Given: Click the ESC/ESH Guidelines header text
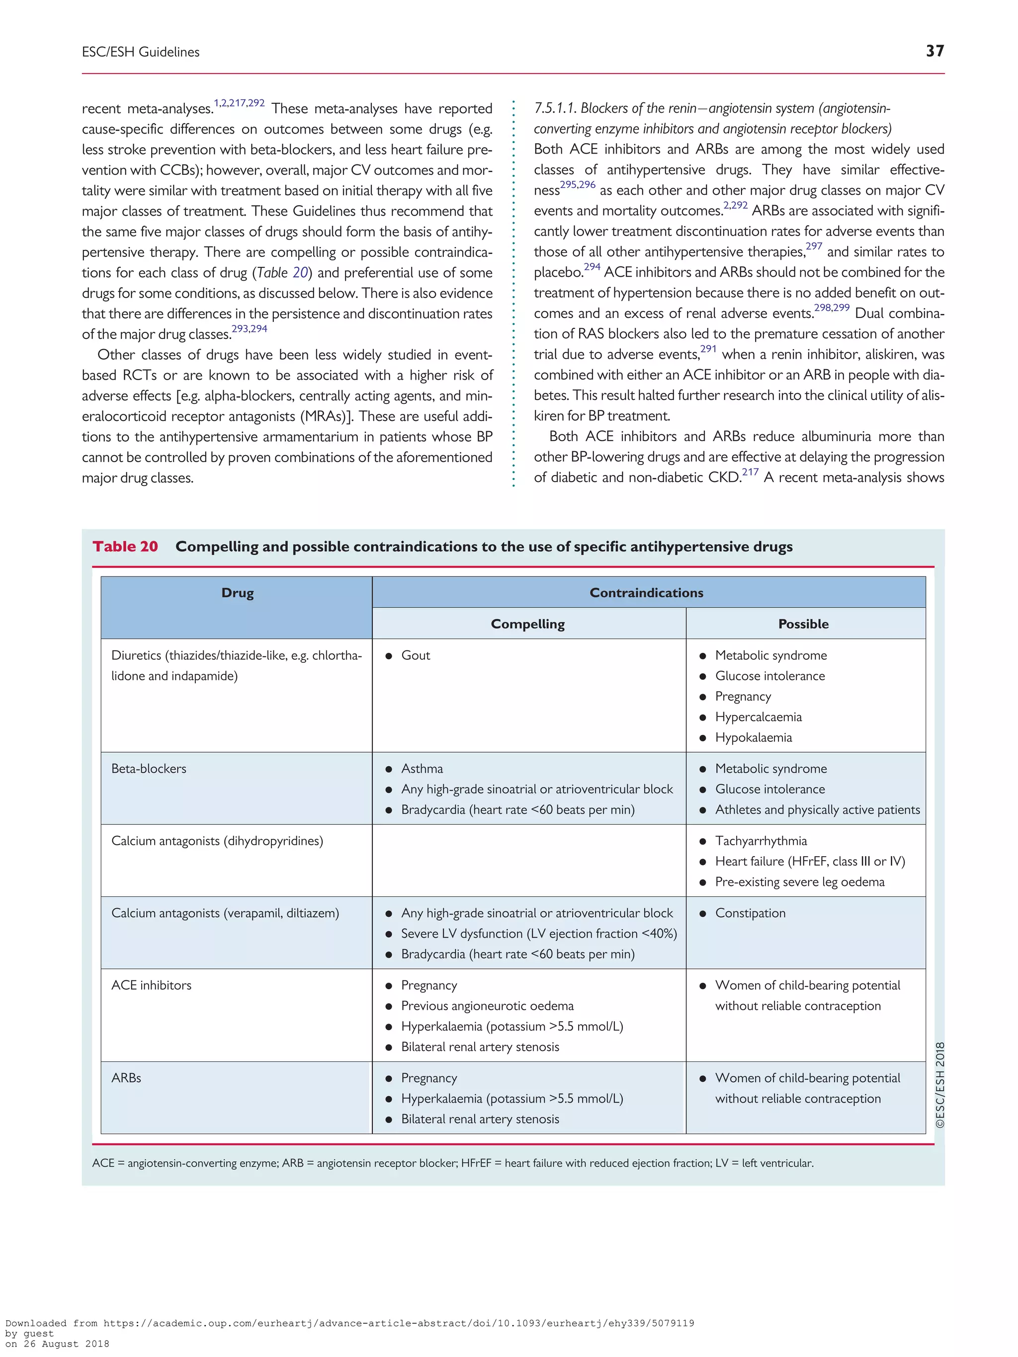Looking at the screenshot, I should pos(141,52).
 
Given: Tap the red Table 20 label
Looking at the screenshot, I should pos(125,546).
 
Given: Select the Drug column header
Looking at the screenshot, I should pos(237,593).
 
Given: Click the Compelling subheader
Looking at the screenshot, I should pos(528,624).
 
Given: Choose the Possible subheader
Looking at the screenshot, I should pos(803,624).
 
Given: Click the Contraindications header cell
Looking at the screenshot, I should pos(646,593).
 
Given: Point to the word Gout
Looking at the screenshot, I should pos(416,655).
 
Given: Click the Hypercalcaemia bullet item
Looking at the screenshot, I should pos(758,717).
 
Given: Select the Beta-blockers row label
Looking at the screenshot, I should pos(149,769).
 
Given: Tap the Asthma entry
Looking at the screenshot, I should pos(422,769).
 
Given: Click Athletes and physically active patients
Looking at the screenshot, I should pos(817,810).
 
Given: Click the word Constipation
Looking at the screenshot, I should pos(750,913).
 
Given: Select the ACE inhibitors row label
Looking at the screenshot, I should pos(151,985).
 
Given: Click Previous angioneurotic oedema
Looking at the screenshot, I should pos(487,1006).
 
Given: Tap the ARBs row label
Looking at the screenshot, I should pos(126,1078).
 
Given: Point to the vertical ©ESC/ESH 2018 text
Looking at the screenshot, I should pos(939,1085).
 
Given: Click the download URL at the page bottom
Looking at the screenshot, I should pos(398,1323).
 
